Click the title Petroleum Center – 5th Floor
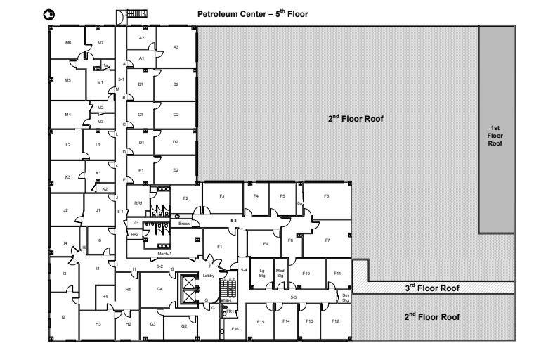(x=253, y=14)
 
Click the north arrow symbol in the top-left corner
(x=48, y=13)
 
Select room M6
(x=68, y=44)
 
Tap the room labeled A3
(x=176, y=47)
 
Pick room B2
(x=176, y=84)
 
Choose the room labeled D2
(x=176, y=142)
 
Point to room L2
(x=68, y=145)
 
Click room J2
(x=65, y=210)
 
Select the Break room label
(x=184, y=224)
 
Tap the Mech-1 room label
(x=164, y=252)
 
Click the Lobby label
(x=208, y=276)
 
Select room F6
(x=326, y=196)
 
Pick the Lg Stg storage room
(x=262, y=274)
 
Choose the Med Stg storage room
(x=280, y=274)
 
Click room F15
(x=260, y=321)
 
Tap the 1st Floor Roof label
(x=495, y=135)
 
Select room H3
(x=98, y=324)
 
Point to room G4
(x=159, y=289)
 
